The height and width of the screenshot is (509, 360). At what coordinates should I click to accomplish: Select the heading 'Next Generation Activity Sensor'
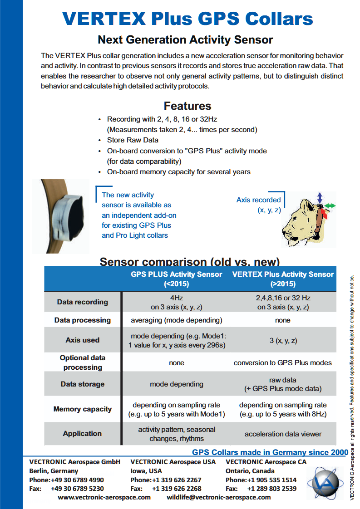[185, 40]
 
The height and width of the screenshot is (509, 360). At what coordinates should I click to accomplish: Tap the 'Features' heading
[187, 106]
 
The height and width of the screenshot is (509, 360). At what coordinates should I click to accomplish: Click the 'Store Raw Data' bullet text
[133, 140]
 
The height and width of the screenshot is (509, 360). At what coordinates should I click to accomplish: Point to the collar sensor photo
[60, 216]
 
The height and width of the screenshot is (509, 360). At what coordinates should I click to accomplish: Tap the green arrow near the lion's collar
[330, 206]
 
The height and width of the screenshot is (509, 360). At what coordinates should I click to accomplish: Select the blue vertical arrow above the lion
[320, 197]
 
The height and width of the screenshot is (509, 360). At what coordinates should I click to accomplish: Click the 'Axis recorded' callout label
[258, 200]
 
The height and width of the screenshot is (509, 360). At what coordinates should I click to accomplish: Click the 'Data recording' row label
[83, 302]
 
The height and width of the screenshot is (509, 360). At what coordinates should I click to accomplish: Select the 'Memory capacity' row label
[83, 409]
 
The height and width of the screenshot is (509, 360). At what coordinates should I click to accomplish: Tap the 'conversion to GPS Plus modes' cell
[283, 363]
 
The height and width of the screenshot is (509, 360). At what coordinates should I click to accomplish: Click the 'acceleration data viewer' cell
[283, 434]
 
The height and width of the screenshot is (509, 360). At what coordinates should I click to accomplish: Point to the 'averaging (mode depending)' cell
[177, 320]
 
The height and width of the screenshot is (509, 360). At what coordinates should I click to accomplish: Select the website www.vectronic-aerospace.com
[104, 497]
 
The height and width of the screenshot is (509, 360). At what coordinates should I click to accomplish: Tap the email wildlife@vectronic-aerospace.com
[219, 497]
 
